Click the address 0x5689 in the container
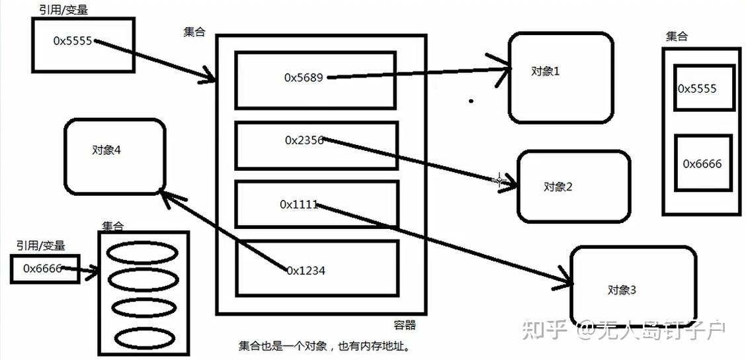304,77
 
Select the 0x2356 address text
304,140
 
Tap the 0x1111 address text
299,204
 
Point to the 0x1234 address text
306,270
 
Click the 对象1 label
546,71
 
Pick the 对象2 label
558,187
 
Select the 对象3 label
622,290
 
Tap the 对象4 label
106,150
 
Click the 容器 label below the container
405,325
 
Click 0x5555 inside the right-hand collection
697,89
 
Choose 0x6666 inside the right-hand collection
702,163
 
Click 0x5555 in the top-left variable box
73,40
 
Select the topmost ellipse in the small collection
144,253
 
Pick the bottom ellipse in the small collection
144,339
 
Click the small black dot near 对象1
471,101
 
